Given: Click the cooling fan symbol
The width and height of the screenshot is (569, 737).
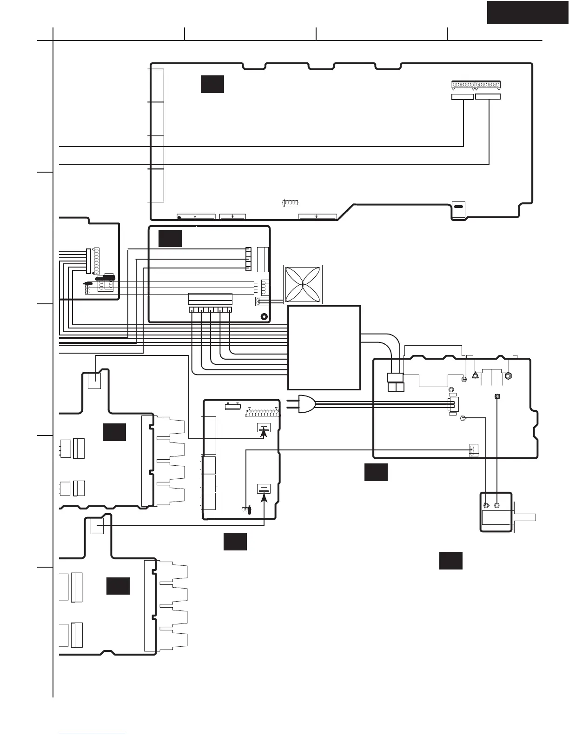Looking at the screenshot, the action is (303, 284).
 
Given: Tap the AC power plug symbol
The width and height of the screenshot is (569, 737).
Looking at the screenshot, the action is (306, 404).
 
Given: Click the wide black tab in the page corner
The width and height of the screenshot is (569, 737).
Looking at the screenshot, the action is (527, 12).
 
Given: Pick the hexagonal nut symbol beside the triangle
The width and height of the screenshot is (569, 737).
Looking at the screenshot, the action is (508, 375).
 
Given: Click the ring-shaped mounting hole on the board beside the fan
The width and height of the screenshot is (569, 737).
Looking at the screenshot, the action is (264, 316).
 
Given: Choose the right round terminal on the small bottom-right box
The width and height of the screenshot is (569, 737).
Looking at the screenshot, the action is (497, 505).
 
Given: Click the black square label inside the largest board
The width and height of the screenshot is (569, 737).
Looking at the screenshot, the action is (212, 84).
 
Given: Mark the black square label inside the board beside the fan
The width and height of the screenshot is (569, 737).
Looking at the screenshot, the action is (170, 238).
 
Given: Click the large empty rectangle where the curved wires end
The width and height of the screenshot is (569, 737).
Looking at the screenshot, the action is (324, 348).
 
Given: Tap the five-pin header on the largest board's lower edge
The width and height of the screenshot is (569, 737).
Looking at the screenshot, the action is (290, 203).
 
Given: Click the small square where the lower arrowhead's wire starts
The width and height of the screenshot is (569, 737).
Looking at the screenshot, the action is (97, 527).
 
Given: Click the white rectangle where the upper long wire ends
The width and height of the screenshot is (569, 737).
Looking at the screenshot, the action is (463, 97).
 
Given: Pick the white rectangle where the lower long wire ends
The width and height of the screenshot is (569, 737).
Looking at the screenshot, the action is (488, 97).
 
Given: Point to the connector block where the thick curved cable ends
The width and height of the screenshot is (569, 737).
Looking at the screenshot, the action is (396, 382).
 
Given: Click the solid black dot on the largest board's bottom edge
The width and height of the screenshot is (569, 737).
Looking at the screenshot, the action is (179, 218).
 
